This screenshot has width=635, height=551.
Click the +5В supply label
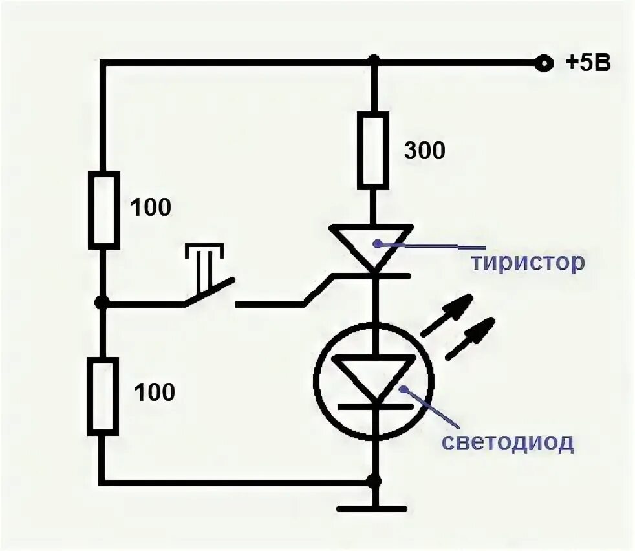pos(588,63)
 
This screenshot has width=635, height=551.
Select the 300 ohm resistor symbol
pos(374,150)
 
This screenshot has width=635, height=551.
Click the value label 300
pos(424,151)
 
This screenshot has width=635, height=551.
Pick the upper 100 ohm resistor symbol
pos(103,209)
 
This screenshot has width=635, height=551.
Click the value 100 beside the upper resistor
pos(151,208)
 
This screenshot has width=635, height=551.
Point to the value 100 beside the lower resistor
pos(155,392)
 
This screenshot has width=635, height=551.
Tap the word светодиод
pos(507,442)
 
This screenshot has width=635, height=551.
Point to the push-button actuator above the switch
pos(206,262)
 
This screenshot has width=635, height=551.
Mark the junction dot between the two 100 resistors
pos(101,302)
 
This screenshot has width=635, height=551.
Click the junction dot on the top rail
pos(374,61)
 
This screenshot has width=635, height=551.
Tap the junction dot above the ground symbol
pos(374,481)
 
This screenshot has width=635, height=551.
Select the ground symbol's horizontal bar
pos(374,509)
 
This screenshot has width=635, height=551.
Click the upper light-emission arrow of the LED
pos(446,318)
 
